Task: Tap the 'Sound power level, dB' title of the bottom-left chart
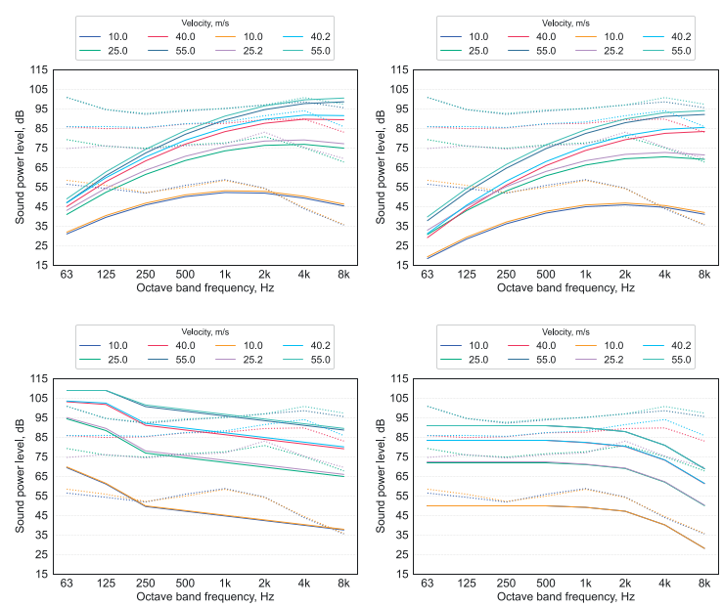click(x=20, y=476)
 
